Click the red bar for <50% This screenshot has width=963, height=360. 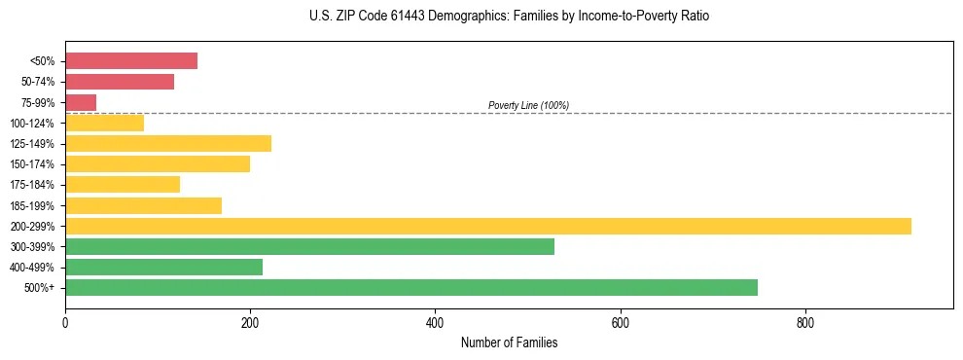(131, 61)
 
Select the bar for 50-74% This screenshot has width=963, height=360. (120, 82)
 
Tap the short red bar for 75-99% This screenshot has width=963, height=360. (81, 102)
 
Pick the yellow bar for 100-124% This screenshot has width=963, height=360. (104, 123)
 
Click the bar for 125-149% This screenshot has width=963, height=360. (168, 144)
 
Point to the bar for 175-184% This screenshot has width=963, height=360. (123, 185)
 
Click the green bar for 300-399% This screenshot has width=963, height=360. (309, 247)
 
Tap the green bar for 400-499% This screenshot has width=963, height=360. (163, 268)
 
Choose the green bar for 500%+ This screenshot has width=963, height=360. (411, 288)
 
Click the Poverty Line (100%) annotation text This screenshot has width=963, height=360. (528, 105)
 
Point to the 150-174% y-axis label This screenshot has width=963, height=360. (32, 164)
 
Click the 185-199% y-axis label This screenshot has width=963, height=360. (32, 205)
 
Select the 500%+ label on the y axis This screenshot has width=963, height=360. (40, 288)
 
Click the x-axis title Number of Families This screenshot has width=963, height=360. (509, 343)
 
